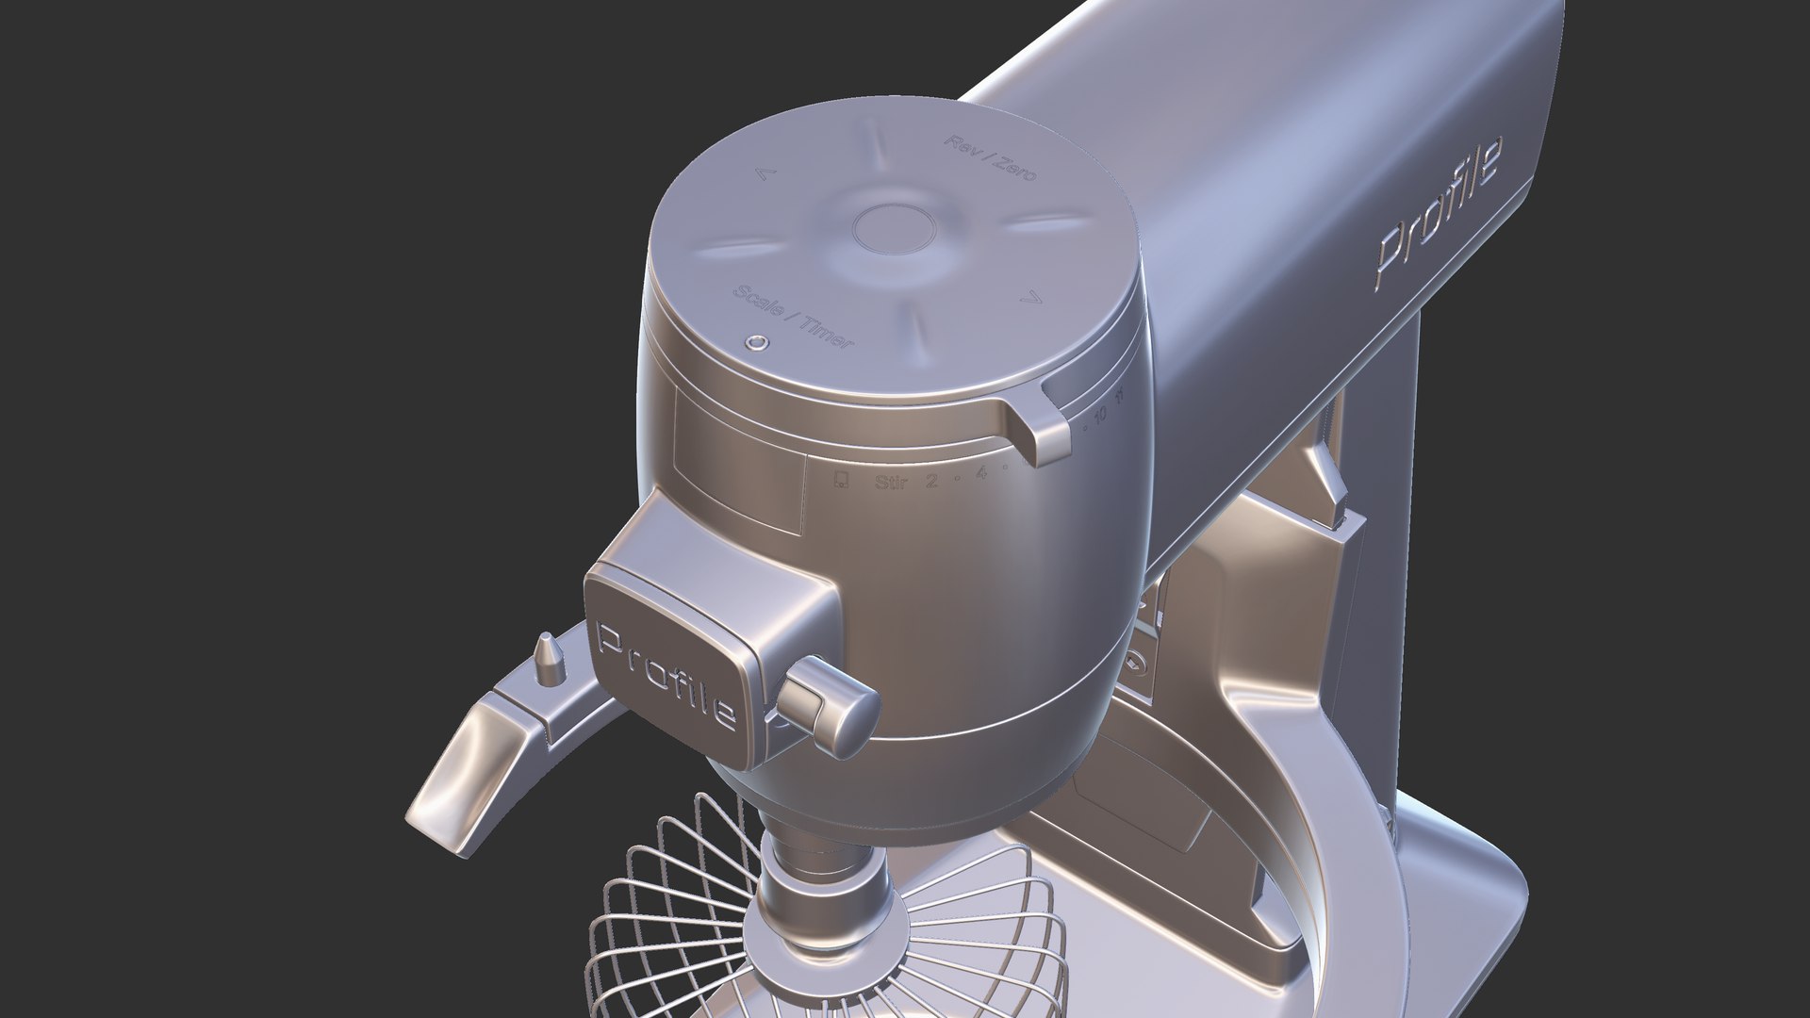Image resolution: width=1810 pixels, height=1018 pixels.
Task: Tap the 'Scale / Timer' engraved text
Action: coord(795,315)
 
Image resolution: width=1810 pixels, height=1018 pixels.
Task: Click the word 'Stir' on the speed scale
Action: coord(891,484)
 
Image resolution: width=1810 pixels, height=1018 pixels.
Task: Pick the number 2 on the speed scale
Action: coord(931,481)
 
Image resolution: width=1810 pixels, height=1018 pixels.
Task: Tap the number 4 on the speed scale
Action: coord(981,473)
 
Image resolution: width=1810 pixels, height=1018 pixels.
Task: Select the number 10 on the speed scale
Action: coord(1101,414)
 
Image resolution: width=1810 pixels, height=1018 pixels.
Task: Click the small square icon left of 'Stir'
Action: coord(841,483)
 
